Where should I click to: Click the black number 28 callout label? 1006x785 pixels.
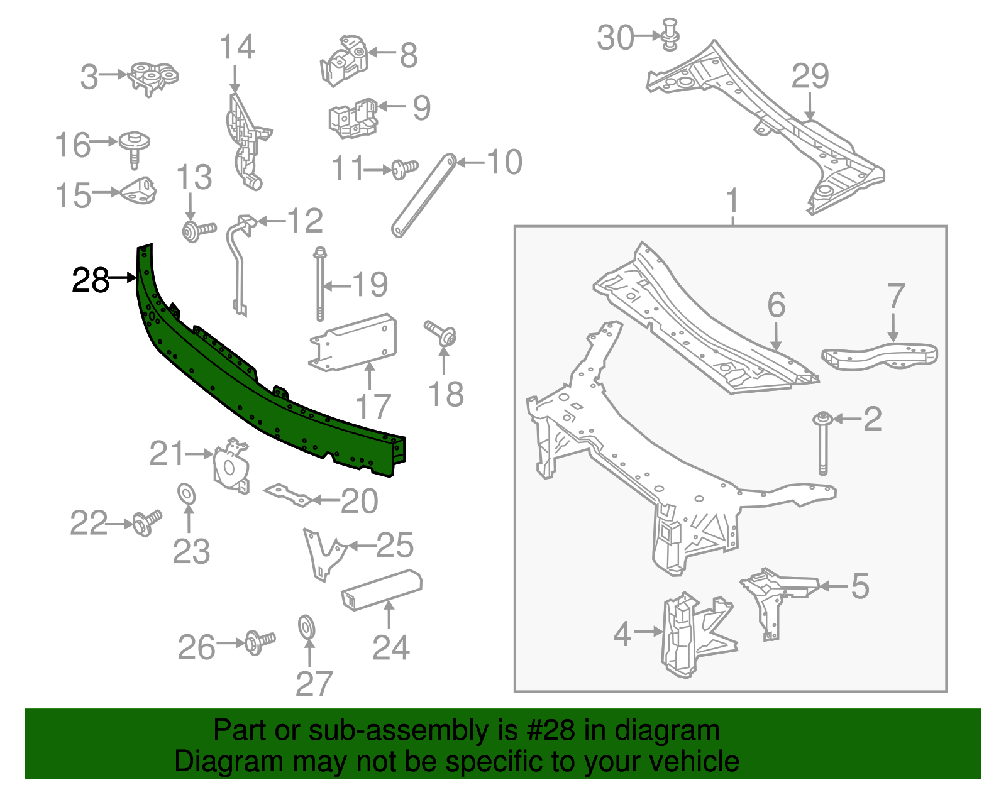91,280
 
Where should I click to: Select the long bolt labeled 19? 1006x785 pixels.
320,283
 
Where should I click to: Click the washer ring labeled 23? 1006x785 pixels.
187,494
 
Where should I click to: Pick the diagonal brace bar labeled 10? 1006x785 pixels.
423,196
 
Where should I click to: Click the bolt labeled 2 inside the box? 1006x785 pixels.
822,443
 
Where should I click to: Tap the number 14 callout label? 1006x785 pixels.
236,48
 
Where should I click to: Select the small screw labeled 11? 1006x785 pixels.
404,168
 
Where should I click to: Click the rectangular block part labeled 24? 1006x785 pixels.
381,589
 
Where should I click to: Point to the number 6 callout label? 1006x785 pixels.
776,305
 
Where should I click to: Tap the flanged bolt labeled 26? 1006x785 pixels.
258,642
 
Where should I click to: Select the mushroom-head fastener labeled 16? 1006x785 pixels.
134,148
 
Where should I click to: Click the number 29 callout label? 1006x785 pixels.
809,77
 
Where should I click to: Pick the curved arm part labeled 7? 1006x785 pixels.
880,356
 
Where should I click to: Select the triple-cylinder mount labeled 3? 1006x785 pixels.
153,77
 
